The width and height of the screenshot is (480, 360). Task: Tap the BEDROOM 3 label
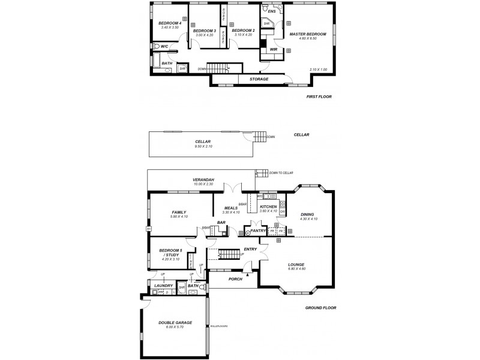pos(205,31)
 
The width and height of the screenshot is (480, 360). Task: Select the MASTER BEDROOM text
pos(308,34)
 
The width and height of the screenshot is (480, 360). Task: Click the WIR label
pos(274,49)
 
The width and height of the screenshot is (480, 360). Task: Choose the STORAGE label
pos(259,79)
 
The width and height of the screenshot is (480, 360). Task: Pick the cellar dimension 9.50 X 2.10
pos(203,146)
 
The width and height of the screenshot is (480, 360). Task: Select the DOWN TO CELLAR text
pos(281,173)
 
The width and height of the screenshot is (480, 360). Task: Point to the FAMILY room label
pos(179,212)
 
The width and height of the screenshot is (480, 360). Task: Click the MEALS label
pos(230,208)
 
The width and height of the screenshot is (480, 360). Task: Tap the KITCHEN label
pos(268,206)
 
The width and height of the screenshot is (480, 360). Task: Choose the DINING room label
pos(308,214)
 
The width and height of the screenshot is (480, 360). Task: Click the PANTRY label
pos(258,230)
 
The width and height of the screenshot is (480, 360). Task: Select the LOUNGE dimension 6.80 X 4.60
pos(296,268)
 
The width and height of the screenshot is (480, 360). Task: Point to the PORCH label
pos(235,278)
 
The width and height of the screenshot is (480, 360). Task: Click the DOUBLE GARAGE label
pos(175,323)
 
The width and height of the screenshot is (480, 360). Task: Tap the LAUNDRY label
pos(163,286)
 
